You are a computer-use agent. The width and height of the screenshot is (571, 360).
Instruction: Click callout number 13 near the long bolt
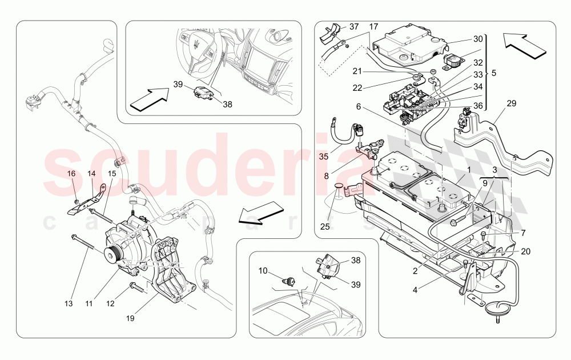click(69, 303)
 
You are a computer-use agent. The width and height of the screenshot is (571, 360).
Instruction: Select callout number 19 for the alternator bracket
click(131, 318)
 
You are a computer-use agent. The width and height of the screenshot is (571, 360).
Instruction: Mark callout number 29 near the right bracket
click(511, 103)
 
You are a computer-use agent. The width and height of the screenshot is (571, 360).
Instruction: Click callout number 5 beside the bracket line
click(494, 74)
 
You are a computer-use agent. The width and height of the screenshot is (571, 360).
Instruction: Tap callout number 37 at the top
click(354, 27)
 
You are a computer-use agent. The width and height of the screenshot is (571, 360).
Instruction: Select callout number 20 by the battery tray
click(525, 251)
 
